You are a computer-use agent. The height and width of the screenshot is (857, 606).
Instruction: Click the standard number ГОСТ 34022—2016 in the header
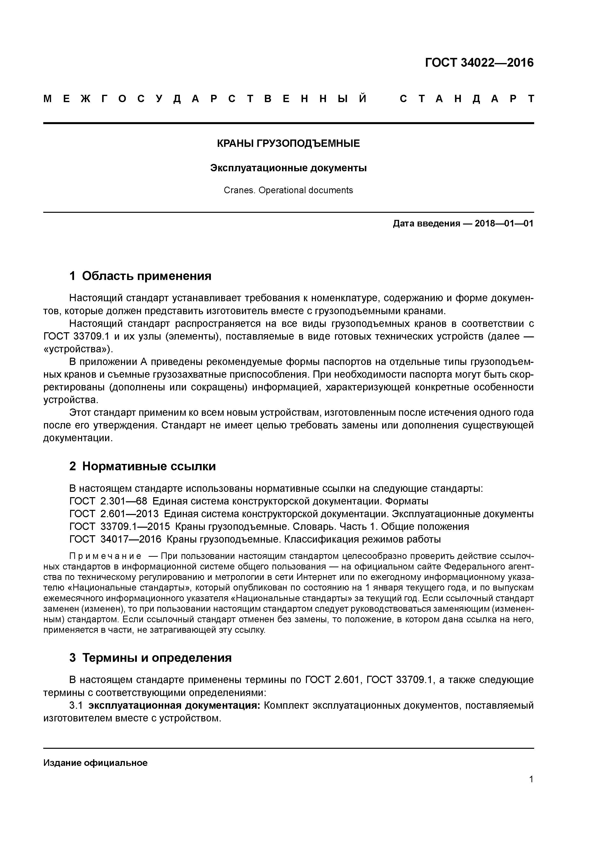tap(479, 63)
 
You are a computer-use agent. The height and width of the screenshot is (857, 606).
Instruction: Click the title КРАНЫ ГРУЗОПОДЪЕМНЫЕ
tap(288, 143)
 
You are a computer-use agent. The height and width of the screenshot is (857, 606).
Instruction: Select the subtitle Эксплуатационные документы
tap(288, 168)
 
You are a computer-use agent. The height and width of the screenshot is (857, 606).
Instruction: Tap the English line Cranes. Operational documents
tap(288, 190)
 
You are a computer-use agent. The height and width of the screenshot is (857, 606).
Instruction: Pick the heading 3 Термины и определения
tap(151, 657)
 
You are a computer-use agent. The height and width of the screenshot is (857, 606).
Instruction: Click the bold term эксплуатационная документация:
tap(174, 706)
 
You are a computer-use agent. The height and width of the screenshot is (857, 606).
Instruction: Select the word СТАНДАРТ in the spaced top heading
tap(467, 99)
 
